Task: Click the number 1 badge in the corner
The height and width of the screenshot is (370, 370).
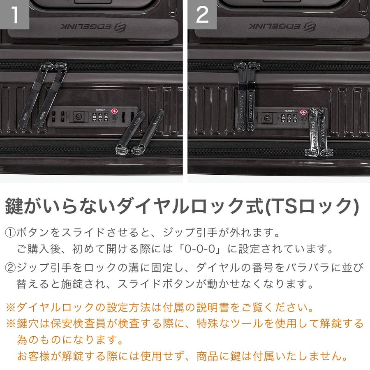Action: (14, 14)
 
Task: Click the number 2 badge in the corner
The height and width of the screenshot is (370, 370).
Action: (202, 14)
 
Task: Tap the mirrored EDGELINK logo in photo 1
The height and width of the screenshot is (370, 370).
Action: (93, 27)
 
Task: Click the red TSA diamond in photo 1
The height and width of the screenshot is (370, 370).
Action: (114, 111)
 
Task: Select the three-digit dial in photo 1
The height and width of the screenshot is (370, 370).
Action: (100, 117)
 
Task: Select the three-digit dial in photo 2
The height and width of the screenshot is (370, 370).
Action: (289, 118)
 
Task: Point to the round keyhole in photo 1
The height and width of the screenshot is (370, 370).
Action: (79, 116)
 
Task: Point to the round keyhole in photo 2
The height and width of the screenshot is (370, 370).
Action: (267, 117)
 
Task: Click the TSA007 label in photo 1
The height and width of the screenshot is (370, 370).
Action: (100, 110)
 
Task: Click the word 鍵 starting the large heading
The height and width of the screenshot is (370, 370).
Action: (14, 206)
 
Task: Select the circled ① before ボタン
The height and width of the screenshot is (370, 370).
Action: (10, 233)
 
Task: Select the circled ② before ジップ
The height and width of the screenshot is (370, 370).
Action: (10, 268)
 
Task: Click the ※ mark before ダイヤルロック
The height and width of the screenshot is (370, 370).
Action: (11, 308)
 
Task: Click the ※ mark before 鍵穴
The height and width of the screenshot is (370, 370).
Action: (11, 324)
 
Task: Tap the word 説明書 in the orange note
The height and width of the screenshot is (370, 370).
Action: (213, 307)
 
